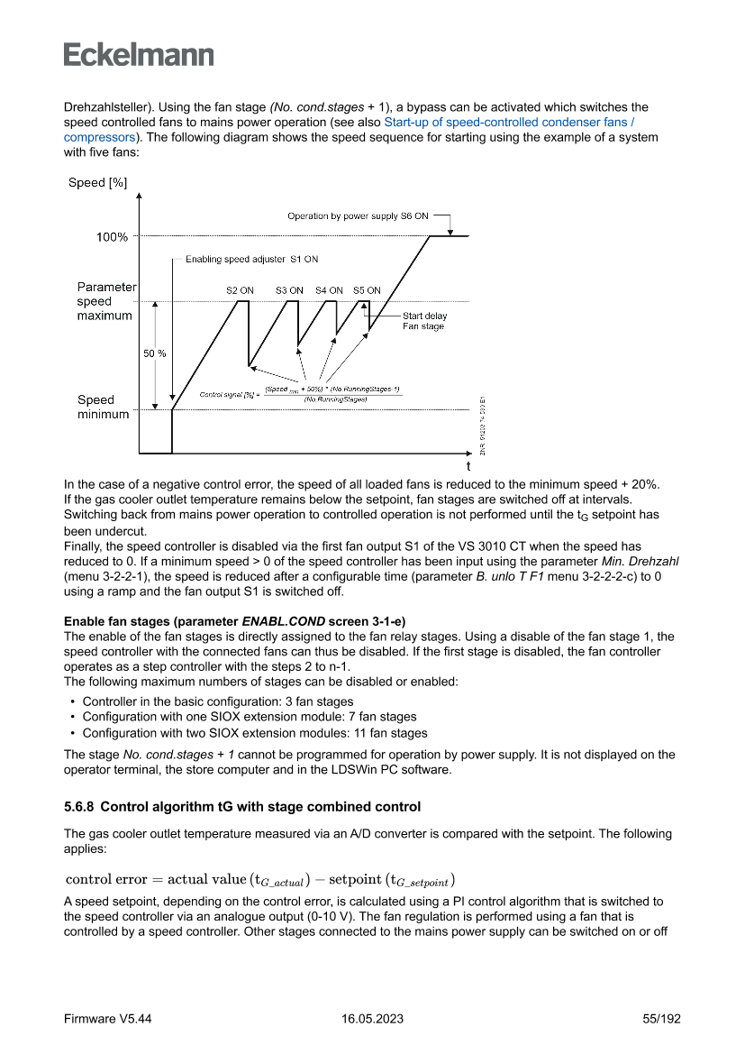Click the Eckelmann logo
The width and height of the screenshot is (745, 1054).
[139, 55]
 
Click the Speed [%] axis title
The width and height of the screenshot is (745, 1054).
[98, 183]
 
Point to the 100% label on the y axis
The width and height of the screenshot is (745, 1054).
[112, 237]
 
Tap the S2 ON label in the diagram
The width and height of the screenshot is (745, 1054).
[240, 290]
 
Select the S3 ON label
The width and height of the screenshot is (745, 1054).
[289, 290]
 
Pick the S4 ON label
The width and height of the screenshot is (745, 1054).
[329, 290]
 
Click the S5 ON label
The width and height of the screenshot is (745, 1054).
[367, 290]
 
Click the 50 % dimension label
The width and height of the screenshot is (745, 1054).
[155, 353]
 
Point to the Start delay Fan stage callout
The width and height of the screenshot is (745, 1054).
[424, 321]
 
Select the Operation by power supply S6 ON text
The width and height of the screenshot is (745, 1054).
[358, 216]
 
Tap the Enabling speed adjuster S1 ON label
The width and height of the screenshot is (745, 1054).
[251, 260]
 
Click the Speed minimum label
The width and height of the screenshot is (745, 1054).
[103, 407]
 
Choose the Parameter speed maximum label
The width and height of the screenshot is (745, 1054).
[105, 301]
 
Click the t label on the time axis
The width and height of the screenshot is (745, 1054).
[468, 467]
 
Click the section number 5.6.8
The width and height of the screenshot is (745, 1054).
[82, 806]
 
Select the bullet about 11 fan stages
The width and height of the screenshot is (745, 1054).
[254, 733]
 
